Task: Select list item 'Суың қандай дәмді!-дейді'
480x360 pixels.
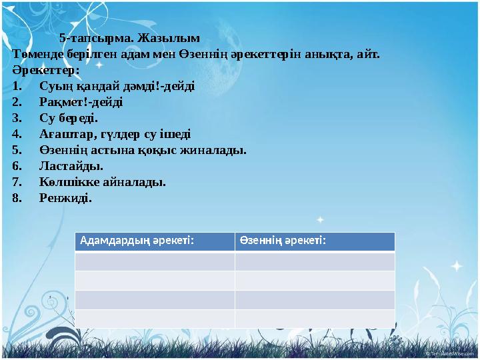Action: pos(117,86)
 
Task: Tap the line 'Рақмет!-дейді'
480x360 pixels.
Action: pos(81,102)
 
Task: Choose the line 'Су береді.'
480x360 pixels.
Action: pos(68,118)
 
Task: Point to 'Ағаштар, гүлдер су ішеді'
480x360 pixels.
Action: pos(114,134)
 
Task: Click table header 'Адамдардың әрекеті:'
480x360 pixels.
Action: pos(137,241)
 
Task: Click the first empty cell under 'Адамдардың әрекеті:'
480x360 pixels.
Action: pos(155,261)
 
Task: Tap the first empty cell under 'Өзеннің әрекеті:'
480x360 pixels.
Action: pos(315,261)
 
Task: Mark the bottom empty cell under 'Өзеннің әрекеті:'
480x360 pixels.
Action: pos(315,319)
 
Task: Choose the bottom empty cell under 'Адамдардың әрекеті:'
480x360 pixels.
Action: pos(155,319)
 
